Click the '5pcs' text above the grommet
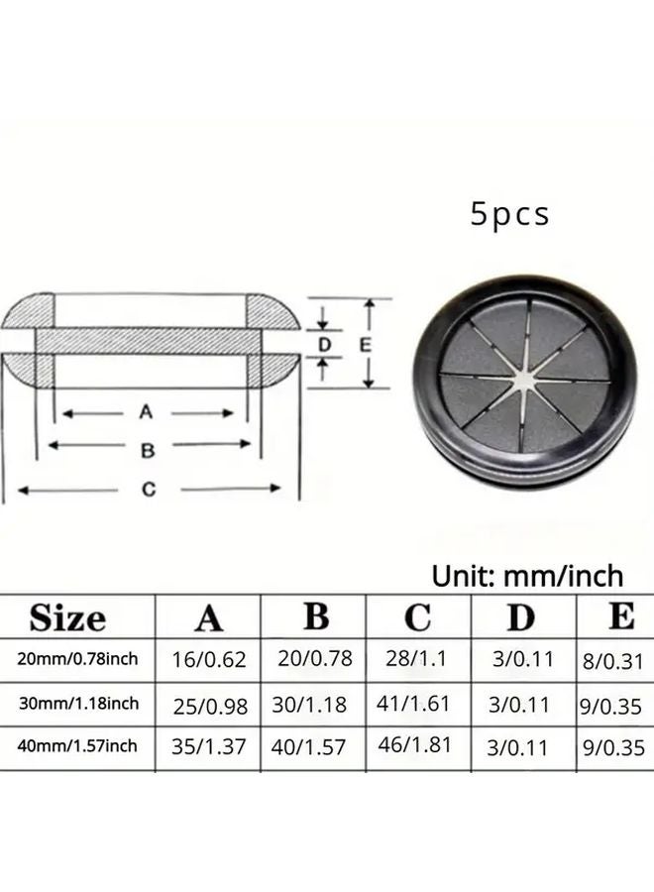(x=509, y=215)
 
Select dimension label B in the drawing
(x=148, y=450)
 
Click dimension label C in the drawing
(x=149, y=489)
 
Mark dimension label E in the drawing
(x=364, y=346)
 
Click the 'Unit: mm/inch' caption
(x=527, y=576)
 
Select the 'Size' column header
(x=67, y=619)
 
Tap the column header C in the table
(x=417, y=618)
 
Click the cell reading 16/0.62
(x=209, y=659)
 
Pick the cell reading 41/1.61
(x=415, y=704)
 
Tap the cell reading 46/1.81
(x=415, y=746)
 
